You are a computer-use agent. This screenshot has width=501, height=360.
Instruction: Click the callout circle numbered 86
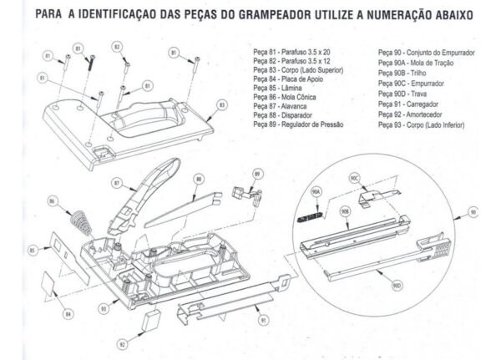coord(53,201)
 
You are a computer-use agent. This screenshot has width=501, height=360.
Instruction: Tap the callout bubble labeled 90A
coord(316,191)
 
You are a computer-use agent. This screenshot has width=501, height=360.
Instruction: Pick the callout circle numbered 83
coord(222,106)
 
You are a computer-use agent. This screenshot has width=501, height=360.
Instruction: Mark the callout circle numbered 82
coord(118,47)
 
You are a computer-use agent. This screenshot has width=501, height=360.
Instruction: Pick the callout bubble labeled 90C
coord(354,178)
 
